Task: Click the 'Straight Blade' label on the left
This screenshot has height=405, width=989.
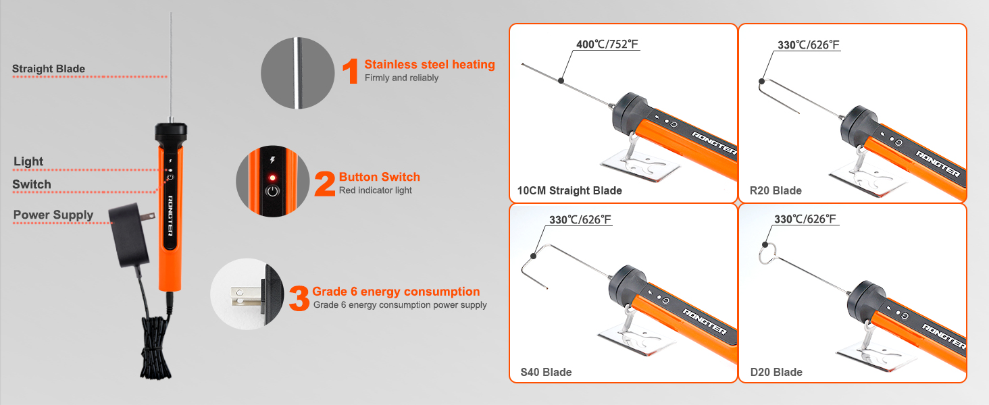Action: tap(49, 69)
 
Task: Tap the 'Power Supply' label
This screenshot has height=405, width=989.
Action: tap(53, 215)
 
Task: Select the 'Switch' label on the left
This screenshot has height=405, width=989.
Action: tap(31, 184)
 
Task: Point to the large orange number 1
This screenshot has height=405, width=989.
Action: tap(351, 71)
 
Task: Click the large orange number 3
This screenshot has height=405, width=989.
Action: tap(299, 298)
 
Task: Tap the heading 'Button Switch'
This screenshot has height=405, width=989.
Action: tap(379, 177)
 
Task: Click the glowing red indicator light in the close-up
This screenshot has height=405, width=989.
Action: tap(272, 178)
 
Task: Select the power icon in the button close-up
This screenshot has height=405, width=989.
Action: tap(272, 192)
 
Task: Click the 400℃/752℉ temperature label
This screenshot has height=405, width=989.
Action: tap(607, 44)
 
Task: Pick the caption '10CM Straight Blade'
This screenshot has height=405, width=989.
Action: tap(569, 190)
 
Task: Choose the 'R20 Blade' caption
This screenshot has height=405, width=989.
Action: tap(776, 190)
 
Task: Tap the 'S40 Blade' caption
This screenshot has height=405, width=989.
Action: tap(546, 373)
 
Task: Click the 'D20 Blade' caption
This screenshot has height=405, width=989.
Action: tap(776, 373)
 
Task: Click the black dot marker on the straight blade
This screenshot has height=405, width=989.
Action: tap(561, 81)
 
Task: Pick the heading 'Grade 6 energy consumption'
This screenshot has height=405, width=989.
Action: tap(396, 292)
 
